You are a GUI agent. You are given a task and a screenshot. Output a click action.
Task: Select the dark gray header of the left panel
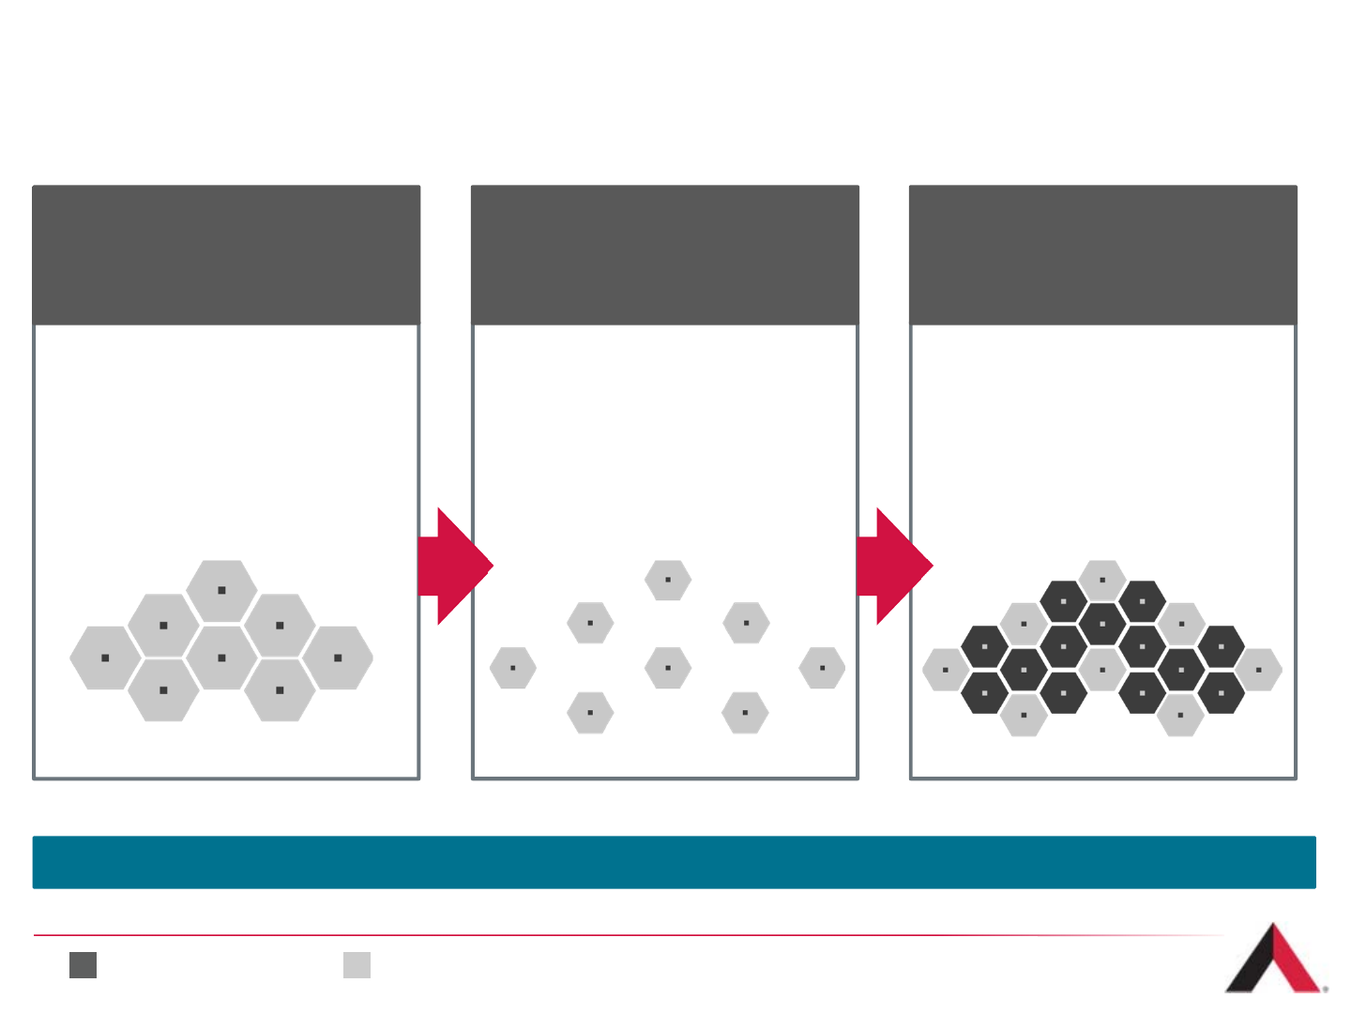click(226, 255)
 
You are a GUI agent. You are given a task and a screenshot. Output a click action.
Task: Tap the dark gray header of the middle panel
click(664, 255)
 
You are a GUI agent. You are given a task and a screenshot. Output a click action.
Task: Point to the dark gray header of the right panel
click(1103, 255)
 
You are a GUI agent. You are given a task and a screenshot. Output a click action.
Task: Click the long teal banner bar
click(674, 862)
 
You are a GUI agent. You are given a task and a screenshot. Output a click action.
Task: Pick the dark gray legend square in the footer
click(83, 965)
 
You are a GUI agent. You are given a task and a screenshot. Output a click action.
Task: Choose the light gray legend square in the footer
click(357, 965)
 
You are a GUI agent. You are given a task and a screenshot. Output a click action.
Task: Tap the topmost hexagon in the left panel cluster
click(221, 591)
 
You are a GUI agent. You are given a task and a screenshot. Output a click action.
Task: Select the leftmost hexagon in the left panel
click(105, 658)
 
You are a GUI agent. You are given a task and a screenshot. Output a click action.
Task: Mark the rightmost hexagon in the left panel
click(338, 658)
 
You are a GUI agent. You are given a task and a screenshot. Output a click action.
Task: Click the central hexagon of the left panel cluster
click(221, 658)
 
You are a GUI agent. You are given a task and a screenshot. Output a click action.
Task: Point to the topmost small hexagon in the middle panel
click(668, 580)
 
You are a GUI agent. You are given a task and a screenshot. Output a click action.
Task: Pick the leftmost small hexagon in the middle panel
click(513, 668)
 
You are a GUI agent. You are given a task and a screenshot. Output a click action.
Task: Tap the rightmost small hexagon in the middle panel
click(822, 668)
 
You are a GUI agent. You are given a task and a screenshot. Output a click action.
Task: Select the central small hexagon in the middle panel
click(668, 668)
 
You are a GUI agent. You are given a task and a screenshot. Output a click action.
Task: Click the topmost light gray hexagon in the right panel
click(1102, 580)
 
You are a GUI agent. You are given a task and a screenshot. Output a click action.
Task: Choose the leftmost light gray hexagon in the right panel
click(946, 670)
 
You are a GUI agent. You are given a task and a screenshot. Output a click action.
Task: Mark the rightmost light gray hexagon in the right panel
click(1258, 670)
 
